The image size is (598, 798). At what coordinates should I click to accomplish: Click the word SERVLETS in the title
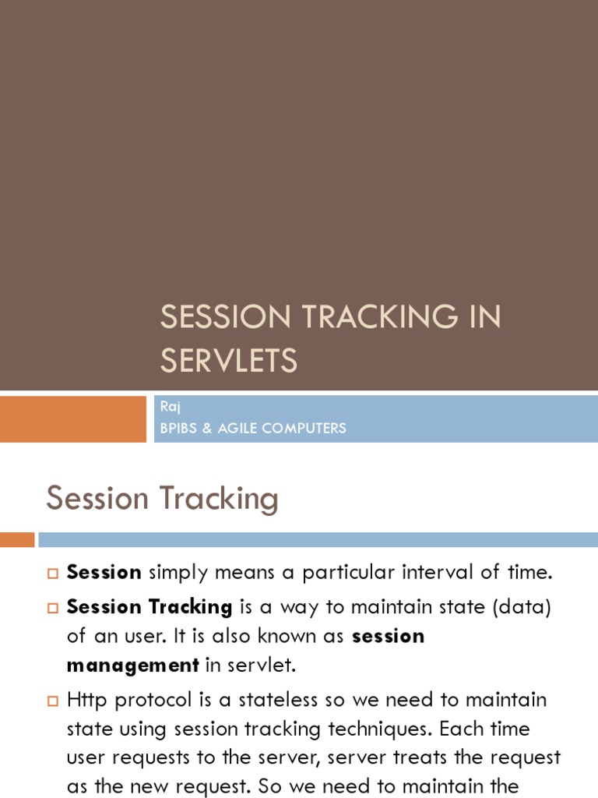coord(229,360)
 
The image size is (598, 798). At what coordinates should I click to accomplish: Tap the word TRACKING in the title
coord(380,316)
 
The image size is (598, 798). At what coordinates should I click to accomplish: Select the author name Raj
coord(171,407)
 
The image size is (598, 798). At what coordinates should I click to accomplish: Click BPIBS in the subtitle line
coord(178,428)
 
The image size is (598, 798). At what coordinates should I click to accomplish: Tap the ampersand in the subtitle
coord(207,428)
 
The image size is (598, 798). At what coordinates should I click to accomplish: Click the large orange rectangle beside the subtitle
coord(72,418)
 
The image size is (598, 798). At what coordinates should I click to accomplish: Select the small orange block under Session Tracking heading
coord(17,539)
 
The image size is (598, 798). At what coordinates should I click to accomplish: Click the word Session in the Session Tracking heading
coord(97,498)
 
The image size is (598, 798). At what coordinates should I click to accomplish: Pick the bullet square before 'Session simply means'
coord(53,574)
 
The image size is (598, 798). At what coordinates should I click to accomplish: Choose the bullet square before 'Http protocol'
coord(53,701)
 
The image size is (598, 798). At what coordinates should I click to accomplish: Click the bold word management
coord(132,666)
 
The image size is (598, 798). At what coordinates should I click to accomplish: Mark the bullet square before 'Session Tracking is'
coord(53,608)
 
